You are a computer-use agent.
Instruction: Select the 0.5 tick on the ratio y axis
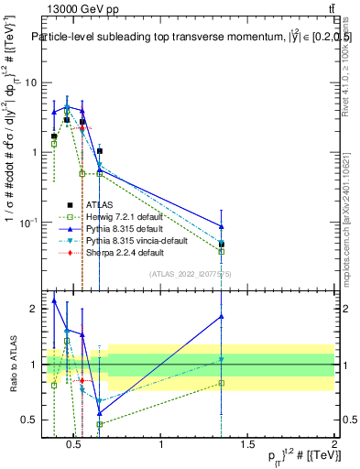(28, 420)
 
